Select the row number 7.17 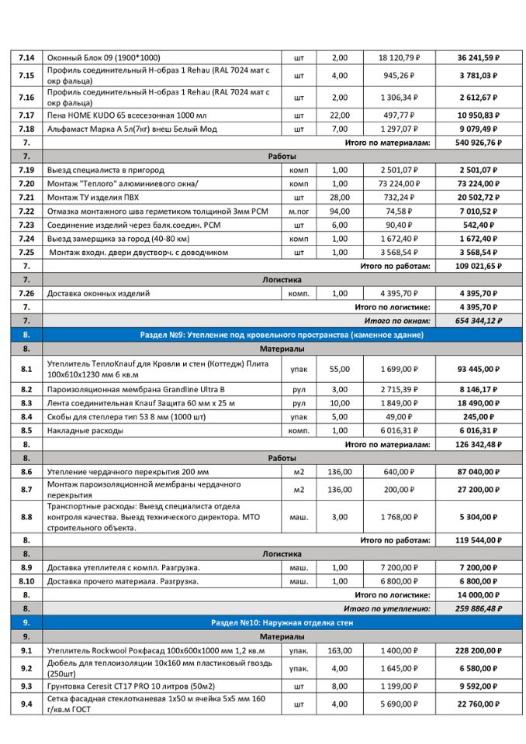(x=26, y=115)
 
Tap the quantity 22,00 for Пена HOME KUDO (x=340, y=115)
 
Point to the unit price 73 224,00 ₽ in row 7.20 (x=398, y=184)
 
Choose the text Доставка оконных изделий (x=99, y=293)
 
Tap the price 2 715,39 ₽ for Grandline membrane (x=398, y=389)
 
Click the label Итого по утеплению (x=386, y=608)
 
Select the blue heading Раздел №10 (x=281, y=622)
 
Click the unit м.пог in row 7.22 (x=299, y=211)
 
